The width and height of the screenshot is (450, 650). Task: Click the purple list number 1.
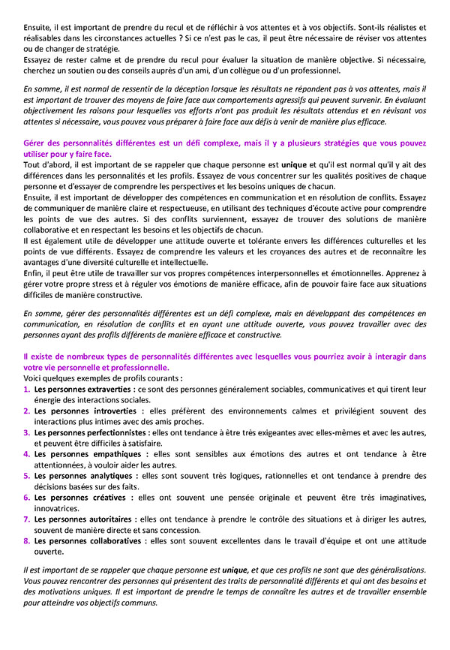pos(27,390)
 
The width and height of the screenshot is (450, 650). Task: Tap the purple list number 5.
pos(27,476)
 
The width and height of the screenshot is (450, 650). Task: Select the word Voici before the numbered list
pos(34,379)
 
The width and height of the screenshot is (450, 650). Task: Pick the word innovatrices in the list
pos(56,508)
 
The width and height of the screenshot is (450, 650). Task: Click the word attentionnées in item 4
pos(61,465)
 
